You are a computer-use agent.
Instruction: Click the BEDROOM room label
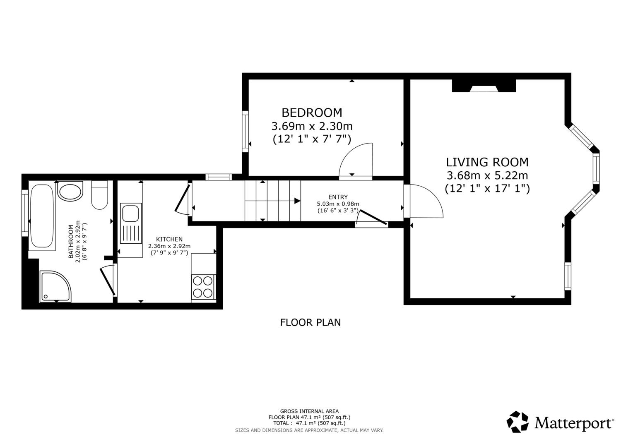point(312,113)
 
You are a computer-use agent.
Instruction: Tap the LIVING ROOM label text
point(487,163)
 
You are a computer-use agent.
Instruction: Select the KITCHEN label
point(169,239)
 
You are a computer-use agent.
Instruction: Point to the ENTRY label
point(338,197)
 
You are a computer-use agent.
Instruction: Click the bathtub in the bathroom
point(42,216)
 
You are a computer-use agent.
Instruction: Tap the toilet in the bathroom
point(99,195)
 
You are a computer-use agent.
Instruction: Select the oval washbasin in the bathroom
point(70,191)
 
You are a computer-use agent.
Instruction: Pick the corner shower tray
point(55,287)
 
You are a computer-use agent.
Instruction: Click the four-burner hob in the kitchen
point(203,287)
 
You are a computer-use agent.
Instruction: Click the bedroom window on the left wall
point(246,131)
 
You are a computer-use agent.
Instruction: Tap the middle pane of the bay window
point(596,168)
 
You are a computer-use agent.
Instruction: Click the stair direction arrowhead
point(298,201)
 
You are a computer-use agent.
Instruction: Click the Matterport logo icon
point(517,422)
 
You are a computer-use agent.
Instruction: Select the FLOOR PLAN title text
point(310,323)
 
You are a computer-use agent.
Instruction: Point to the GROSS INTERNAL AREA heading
point(309,412)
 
